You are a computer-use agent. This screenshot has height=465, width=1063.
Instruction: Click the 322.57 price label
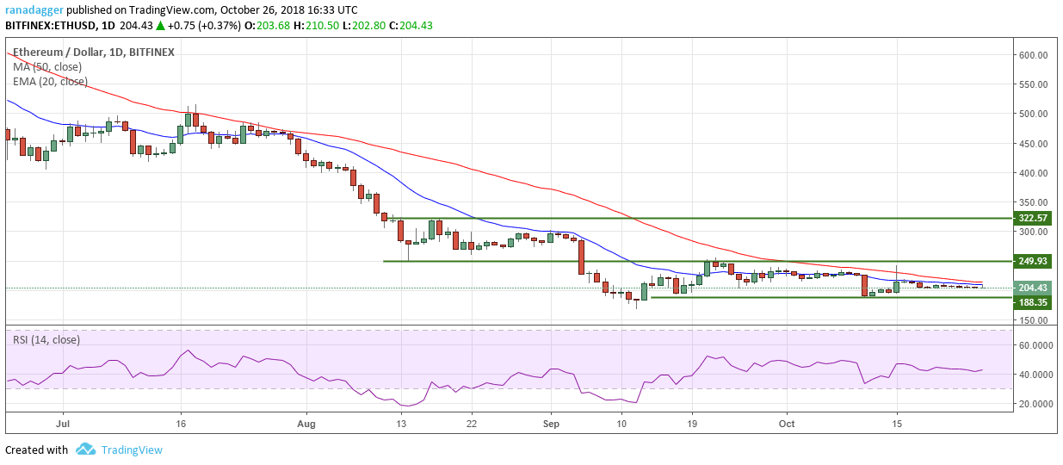(1033, 218)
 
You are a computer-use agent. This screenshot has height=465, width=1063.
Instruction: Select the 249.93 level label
(1033, 261)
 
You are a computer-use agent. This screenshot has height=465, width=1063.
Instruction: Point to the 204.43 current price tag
(1033, 288)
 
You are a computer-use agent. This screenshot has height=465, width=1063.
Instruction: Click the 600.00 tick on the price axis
(1032, 55)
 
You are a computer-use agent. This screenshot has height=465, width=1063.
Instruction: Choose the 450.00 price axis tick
(1032, 144)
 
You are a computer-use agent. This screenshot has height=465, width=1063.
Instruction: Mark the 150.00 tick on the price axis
(1032, 321)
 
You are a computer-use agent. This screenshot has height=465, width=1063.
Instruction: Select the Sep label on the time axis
(552, 424)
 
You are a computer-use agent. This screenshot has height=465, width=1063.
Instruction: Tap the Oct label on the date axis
(785, 424)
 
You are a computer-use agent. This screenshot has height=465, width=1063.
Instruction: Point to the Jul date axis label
(62, 424)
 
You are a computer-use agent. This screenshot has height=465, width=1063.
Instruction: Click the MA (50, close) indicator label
(49, 66)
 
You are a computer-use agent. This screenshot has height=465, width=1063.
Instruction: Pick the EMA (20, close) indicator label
(50, 81)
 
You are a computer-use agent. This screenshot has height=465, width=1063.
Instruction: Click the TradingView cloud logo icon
(85, 449)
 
